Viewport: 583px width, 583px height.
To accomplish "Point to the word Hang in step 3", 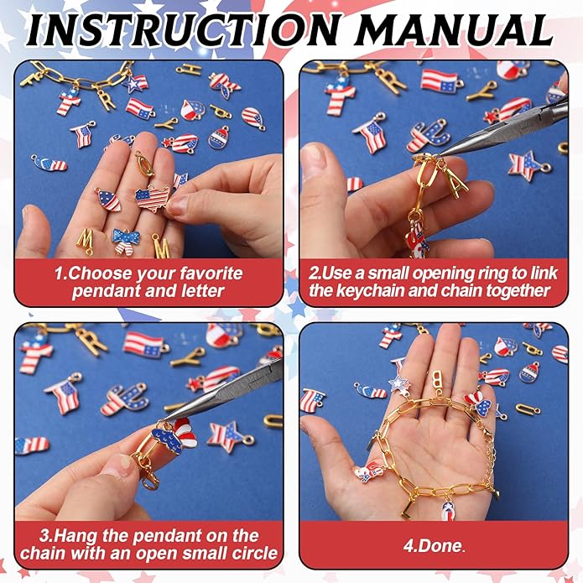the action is tap(75, 536).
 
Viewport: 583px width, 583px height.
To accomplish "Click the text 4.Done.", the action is tap(435, 546).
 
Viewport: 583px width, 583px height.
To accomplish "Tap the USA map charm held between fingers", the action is tap(153, 198).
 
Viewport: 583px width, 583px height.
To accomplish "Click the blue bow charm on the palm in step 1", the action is tap(126, 241).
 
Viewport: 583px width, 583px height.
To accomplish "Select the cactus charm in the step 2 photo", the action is tap(428, 135).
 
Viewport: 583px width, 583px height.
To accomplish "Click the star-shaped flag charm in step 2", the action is tap(528, 165).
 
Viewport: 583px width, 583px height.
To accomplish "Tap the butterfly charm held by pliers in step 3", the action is tap(174, 435).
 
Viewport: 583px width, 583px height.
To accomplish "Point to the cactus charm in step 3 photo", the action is tap(124, 399).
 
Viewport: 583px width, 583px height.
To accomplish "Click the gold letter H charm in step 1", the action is tap(189, 69).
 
